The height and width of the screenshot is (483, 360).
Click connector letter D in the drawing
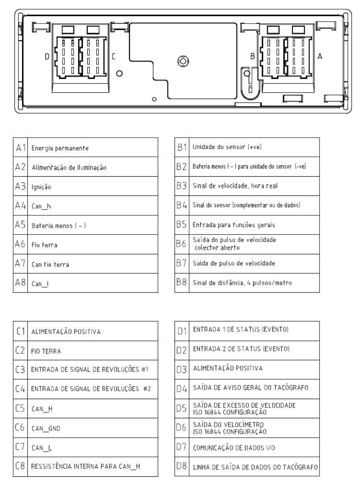point(47,57)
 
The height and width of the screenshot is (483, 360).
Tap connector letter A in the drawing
point(320,56)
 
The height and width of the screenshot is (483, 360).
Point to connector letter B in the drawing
point(253,56)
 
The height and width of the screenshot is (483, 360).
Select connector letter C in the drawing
point(113,57)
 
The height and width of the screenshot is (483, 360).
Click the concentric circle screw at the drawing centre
point(183,61)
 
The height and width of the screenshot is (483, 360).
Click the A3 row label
point(20,186)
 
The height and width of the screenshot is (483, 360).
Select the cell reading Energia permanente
point(60,148)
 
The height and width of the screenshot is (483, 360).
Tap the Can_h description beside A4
point(41,206)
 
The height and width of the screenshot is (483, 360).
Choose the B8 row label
point(182,282)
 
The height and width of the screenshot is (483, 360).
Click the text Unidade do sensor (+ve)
point(227,147)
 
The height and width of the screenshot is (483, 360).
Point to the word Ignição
point(41,187)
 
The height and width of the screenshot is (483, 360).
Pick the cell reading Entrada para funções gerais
point(234,225)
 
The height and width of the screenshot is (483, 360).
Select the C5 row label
point(20,408)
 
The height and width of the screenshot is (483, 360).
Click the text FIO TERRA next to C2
point(46,351)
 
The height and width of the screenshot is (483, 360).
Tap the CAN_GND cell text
point(46,428)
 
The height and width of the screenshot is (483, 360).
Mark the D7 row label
point(182,447)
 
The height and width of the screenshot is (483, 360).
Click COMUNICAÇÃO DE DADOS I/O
point(234,448)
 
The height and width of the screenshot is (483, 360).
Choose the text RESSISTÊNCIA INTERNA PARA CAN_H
point(85,466)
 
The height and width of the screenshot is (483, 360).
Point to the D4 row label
point(182,389)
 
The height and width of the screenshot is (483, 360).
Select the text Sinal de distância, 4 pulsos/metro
point(242,283)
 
